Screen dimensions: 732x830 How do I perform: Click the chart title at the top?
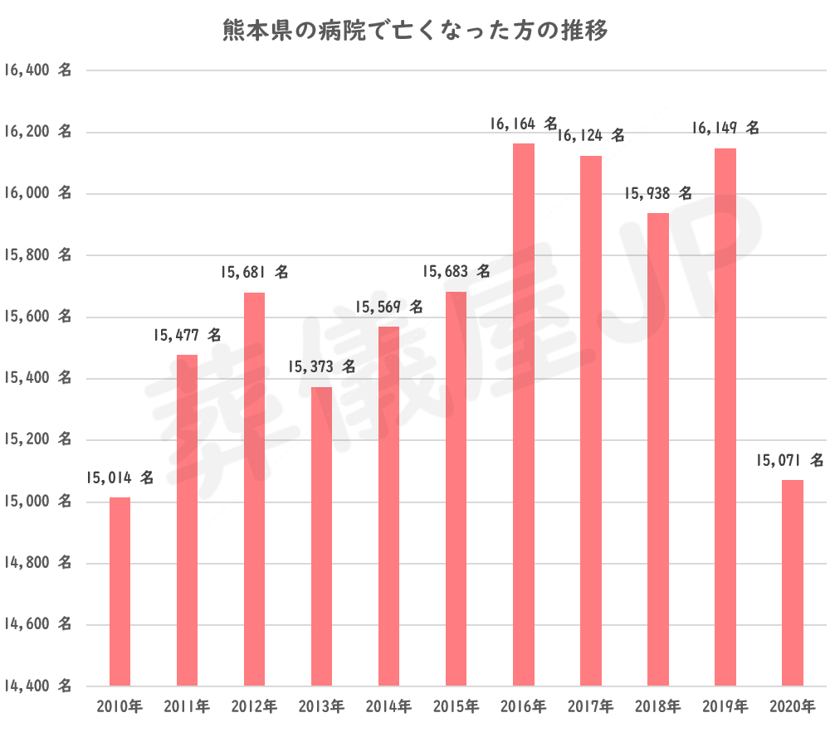click(415, 32)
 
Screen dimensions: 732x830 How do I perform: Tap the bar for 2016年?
click(524, 414)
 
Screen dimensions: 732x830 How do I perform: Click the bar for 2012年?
click(254, 489)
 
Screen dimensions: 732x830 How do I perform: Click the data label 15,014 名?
click(120, 478)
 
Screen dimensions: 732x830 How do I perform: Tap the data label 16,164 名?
click(524, 124)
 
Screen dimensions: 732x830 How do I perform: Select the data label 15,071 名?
click(790, 460)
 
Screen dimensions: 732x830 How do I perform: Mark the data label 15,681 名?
click(254, 273)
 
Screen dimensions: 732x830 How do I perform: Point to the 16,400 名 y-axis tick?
click(38, 70)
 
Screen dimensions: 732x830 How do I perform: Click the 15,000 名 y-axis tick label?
click(38, 502)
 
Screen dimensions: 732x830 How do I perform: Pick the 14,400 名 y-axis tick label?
click(38, 686)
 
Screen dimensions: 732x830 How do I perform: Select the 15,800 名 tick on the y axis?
click(38, 255)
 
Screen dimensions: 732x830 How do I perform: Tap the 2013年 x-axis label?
click(321, 707)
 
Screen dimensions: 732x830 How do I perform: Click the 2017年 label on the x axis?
click(591, 707)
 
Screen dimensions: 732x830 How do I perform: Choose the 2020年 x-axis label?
click(793, 707)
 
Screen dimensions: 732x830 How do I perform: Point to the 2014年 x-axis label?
click(388, 707)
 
